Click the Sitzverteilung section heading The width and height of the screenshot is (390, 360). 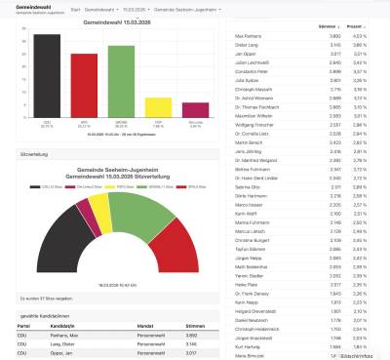point(35,154)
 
